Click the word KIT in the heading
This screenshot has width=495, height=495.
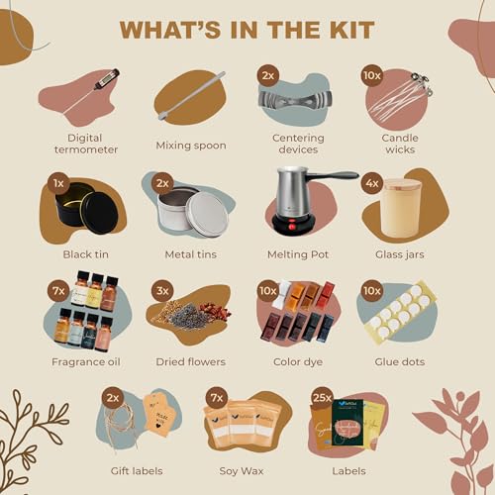[348, 29]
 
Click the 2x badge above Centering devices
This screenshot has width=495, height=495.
[267, 75]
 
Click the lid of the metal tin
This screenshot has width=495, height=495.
[207, 214]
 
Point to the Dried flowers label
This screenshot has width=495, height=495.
[192, 362]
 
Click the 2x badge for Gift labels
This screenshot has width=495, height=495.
[112, 396]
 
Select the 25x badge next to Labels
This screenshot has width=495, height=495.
[322, 397]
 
